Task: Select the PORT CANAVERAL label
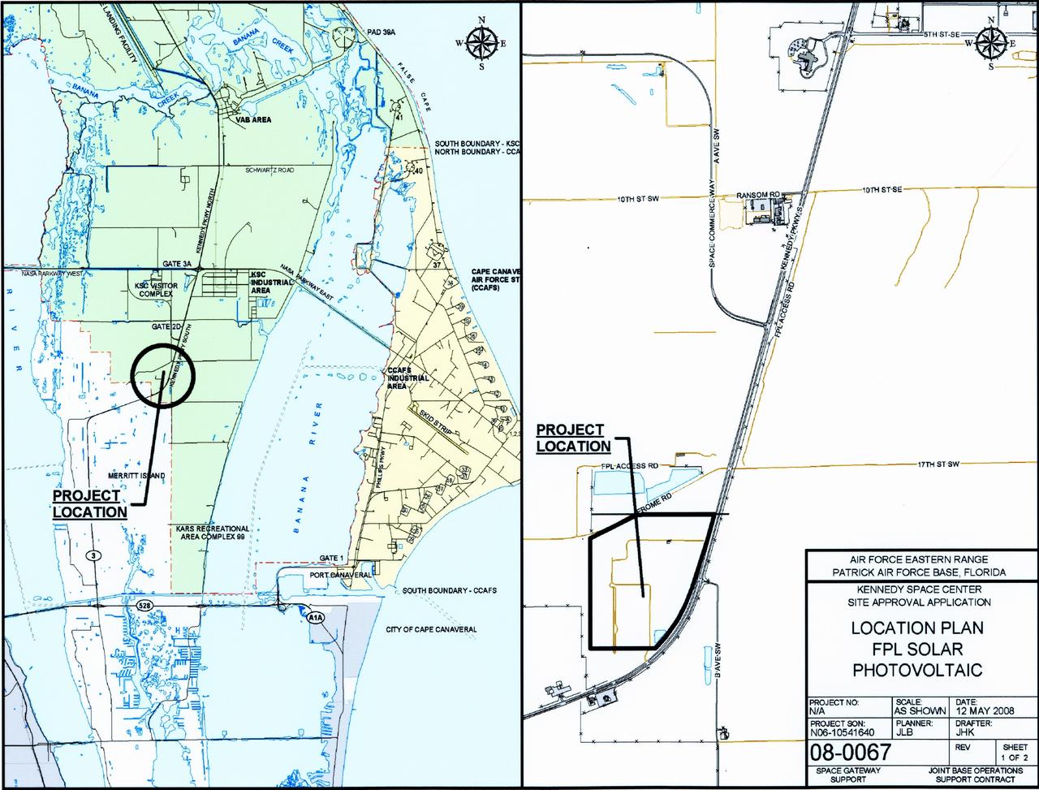[x=340, y=575]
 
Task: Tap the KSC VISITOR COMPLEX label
[x=153, y=291]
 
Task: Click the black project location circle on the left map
[x=163, y=374]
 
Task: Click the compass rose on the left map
[x=481, y=43]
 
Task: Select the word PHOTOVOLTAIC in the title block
[x=917, y=670]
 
